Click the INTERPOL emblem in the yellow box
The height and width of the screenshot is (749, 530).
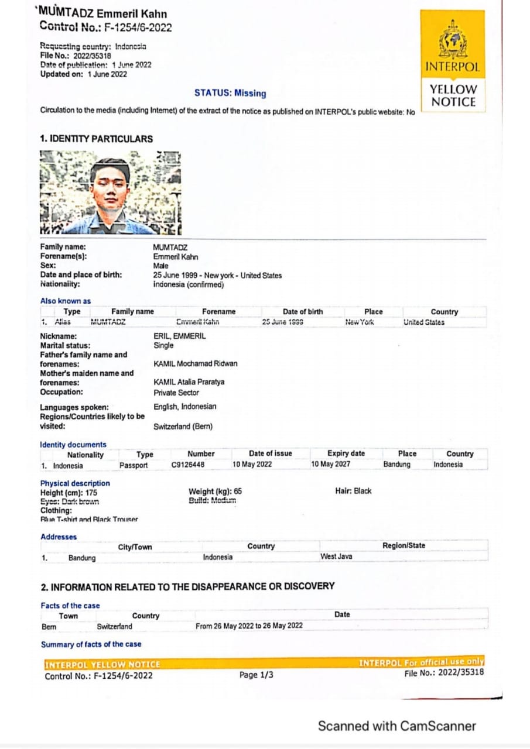pyautogui.click(x=453, y=40)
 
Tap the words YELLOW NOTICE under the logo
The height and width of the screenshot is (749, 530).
pyautogui.click(x=453, y=96)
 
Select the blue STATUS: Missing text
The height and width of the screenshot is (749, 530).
pyautogui.click(x=230, y=93)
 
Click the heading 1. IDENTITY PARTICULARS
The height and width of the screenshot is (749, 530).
pyautogui.click(x=96, y=139)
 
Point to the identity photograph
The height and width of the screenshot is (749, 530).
pyautogui.click(x=111, y=192)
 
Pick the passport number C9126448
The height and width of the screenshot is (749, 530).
pyautogui.click(x=188, y=465)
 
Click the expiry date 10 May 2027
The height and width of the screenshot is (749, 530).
pyautogui.click(x=331, y=465)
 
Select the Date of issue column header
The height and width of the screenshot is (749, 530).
pyautogui.click(x=270, y=453)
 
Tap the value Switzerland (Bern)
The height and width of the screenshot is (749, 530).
pyautogui.click(x=183, y=427)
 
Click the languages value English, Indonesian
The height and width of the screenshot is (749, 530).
pyautogui.click(x=185, y=407)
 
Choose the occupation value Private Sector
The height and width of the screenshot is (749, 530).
pyautogui.click(x=176, y=393)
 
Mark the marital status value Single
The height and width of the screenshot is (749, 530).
pyautogui.click(x=163, y=345)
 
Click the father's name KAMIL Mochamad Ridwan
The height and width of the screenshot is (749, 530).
pyautogui.click(x=196, y=363)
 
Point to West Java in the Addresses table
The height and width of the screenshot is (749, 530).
pyautogui.click(x=336, y=556)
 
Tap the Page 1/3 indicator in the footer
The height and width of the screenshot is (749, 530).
pyautogui.click(x=256, y=675)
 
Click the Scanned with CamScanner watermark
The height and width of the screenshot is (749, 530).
pyautogui.click(x=397, y=726)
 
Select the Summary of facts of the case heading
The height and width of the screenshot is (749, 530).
pyautogui.click(x=91, y=644)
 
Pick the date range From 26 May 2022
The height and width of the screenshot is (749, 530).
pyautogui.click(x=249, y=626)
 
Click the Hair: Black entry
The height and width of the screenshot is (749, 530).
pyautogui.click(x=353, y=491)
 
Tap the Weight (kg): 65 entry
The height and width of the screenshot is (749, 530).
pyautogui.click(x=215, y=492)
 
